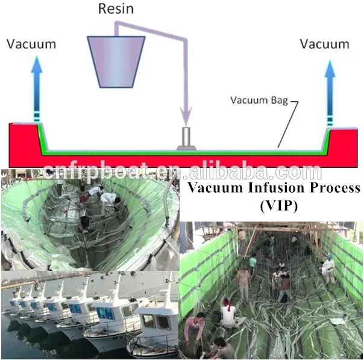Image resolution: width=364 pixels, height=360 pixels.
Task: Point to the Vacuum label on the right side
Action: tap(324, 44)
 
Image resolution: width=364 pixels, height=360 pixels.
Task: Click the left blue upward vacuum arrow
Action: tap(37, 84)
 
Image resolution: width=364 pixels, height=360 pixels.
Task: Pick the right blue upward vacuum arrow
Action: tap(330, 84)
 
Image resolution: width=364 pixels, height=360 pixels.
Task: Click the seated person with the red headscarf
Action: tap(229, 313)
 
